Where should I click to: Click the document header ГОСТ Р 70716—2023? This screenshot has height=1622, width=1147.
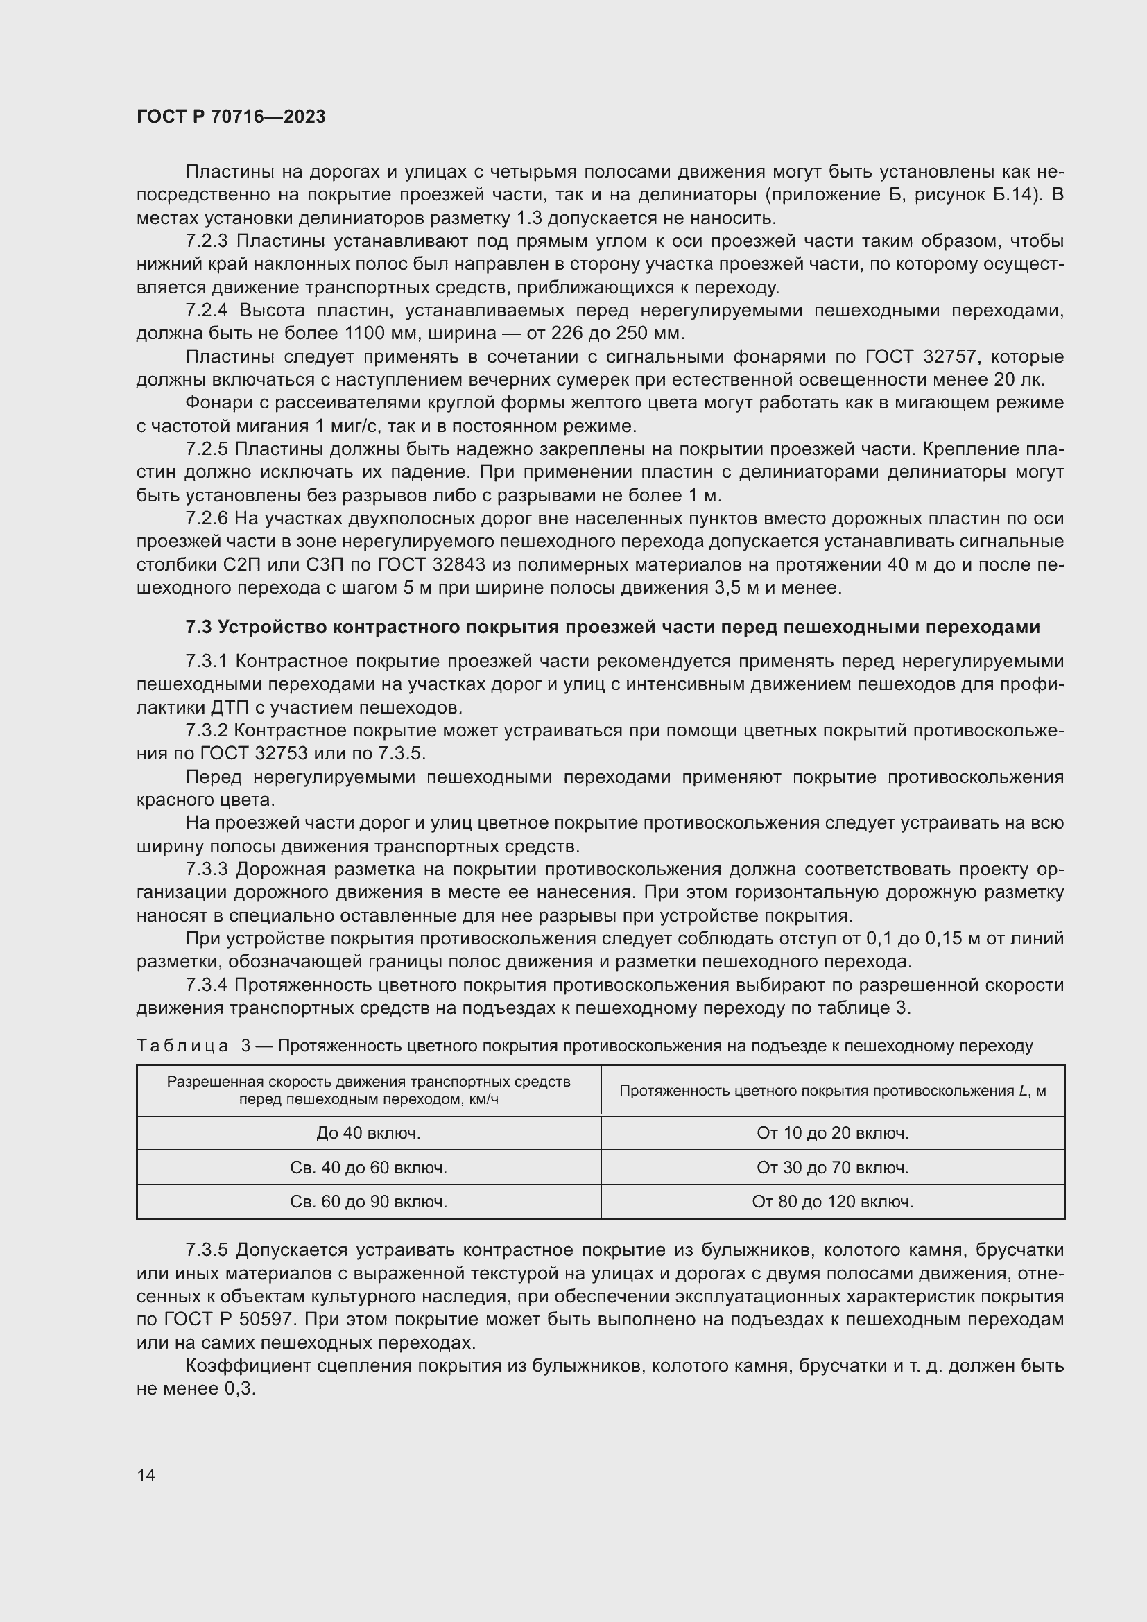(231, 117)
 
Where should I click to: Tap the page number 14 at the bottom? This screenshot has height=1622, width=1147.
(146, 1475)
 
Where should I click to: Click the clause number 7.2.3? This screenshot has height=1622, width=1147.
(206, 241)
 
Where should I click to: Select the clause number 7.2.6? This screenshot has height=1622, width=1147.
(206, 519)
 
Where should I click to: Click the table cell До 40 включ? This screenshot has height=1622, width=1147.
(368, 1133)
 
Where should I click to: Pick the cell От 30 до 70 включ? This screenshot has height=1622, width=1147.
(832, 1168)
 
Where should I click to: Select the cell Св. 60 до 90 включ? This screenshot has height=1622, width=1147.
(368, 1202)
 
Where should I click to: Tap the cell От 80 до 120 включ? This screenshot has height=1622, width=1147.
(832, 1202)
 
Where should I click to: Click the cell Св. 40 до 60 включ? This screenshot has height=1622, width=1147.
(368, 1168)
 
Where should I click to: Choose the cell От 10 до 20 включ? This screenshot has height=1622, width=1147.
(832, 1133)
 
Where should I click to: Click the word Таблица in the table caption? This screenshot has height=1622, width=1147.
(182, 1046)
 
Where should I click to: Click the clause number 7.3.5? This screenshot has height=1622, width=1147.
(206, 1250)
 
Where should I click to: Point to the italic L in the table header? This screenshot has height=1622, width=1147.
(1024, 1091)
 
